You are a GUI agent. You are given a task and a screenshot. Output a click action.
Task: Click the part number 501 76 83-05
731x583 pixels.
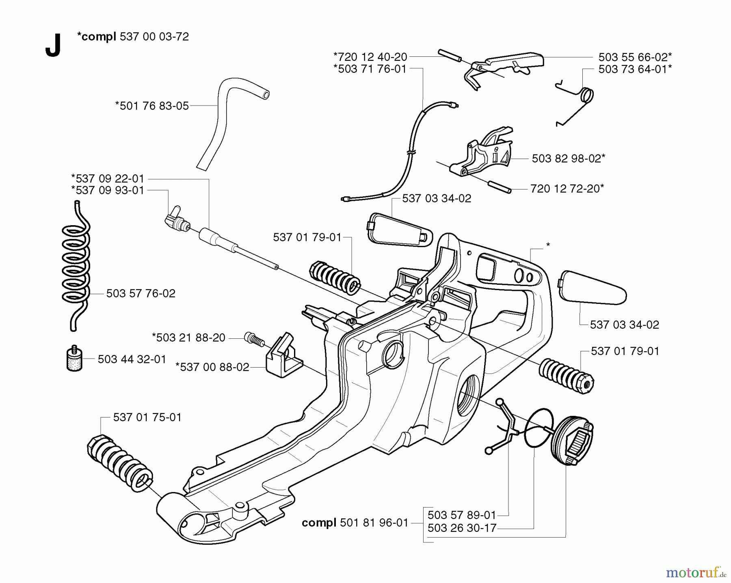pyautogui.click(x=152, y=106)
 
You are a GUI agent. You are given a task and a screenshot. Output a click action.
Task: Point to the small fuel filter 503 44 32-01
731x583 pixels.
pyautogui.click(x=74, y=359)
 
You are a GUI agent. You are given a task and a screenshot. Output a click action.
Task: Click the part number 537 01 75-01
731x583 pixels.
pyautogui.click(x=147, y=417)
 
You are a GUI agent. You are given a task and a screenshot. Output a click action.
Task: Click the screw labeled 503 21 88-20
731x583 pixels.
pyautogui.click(x=253, y=338)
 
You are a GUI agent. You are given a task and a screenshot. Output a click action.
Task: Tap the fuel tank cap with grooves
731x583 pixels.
pyautogui.click(x=572, y=443)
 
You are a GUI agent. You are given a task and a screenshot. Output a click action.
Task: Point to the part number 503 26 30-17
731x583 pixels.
pyautogui.click(x=462, y=528)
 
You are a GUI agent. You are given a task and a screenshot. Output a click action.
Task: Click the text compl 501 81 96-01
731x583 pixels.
pyautogui.click(x=355, y=523)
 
